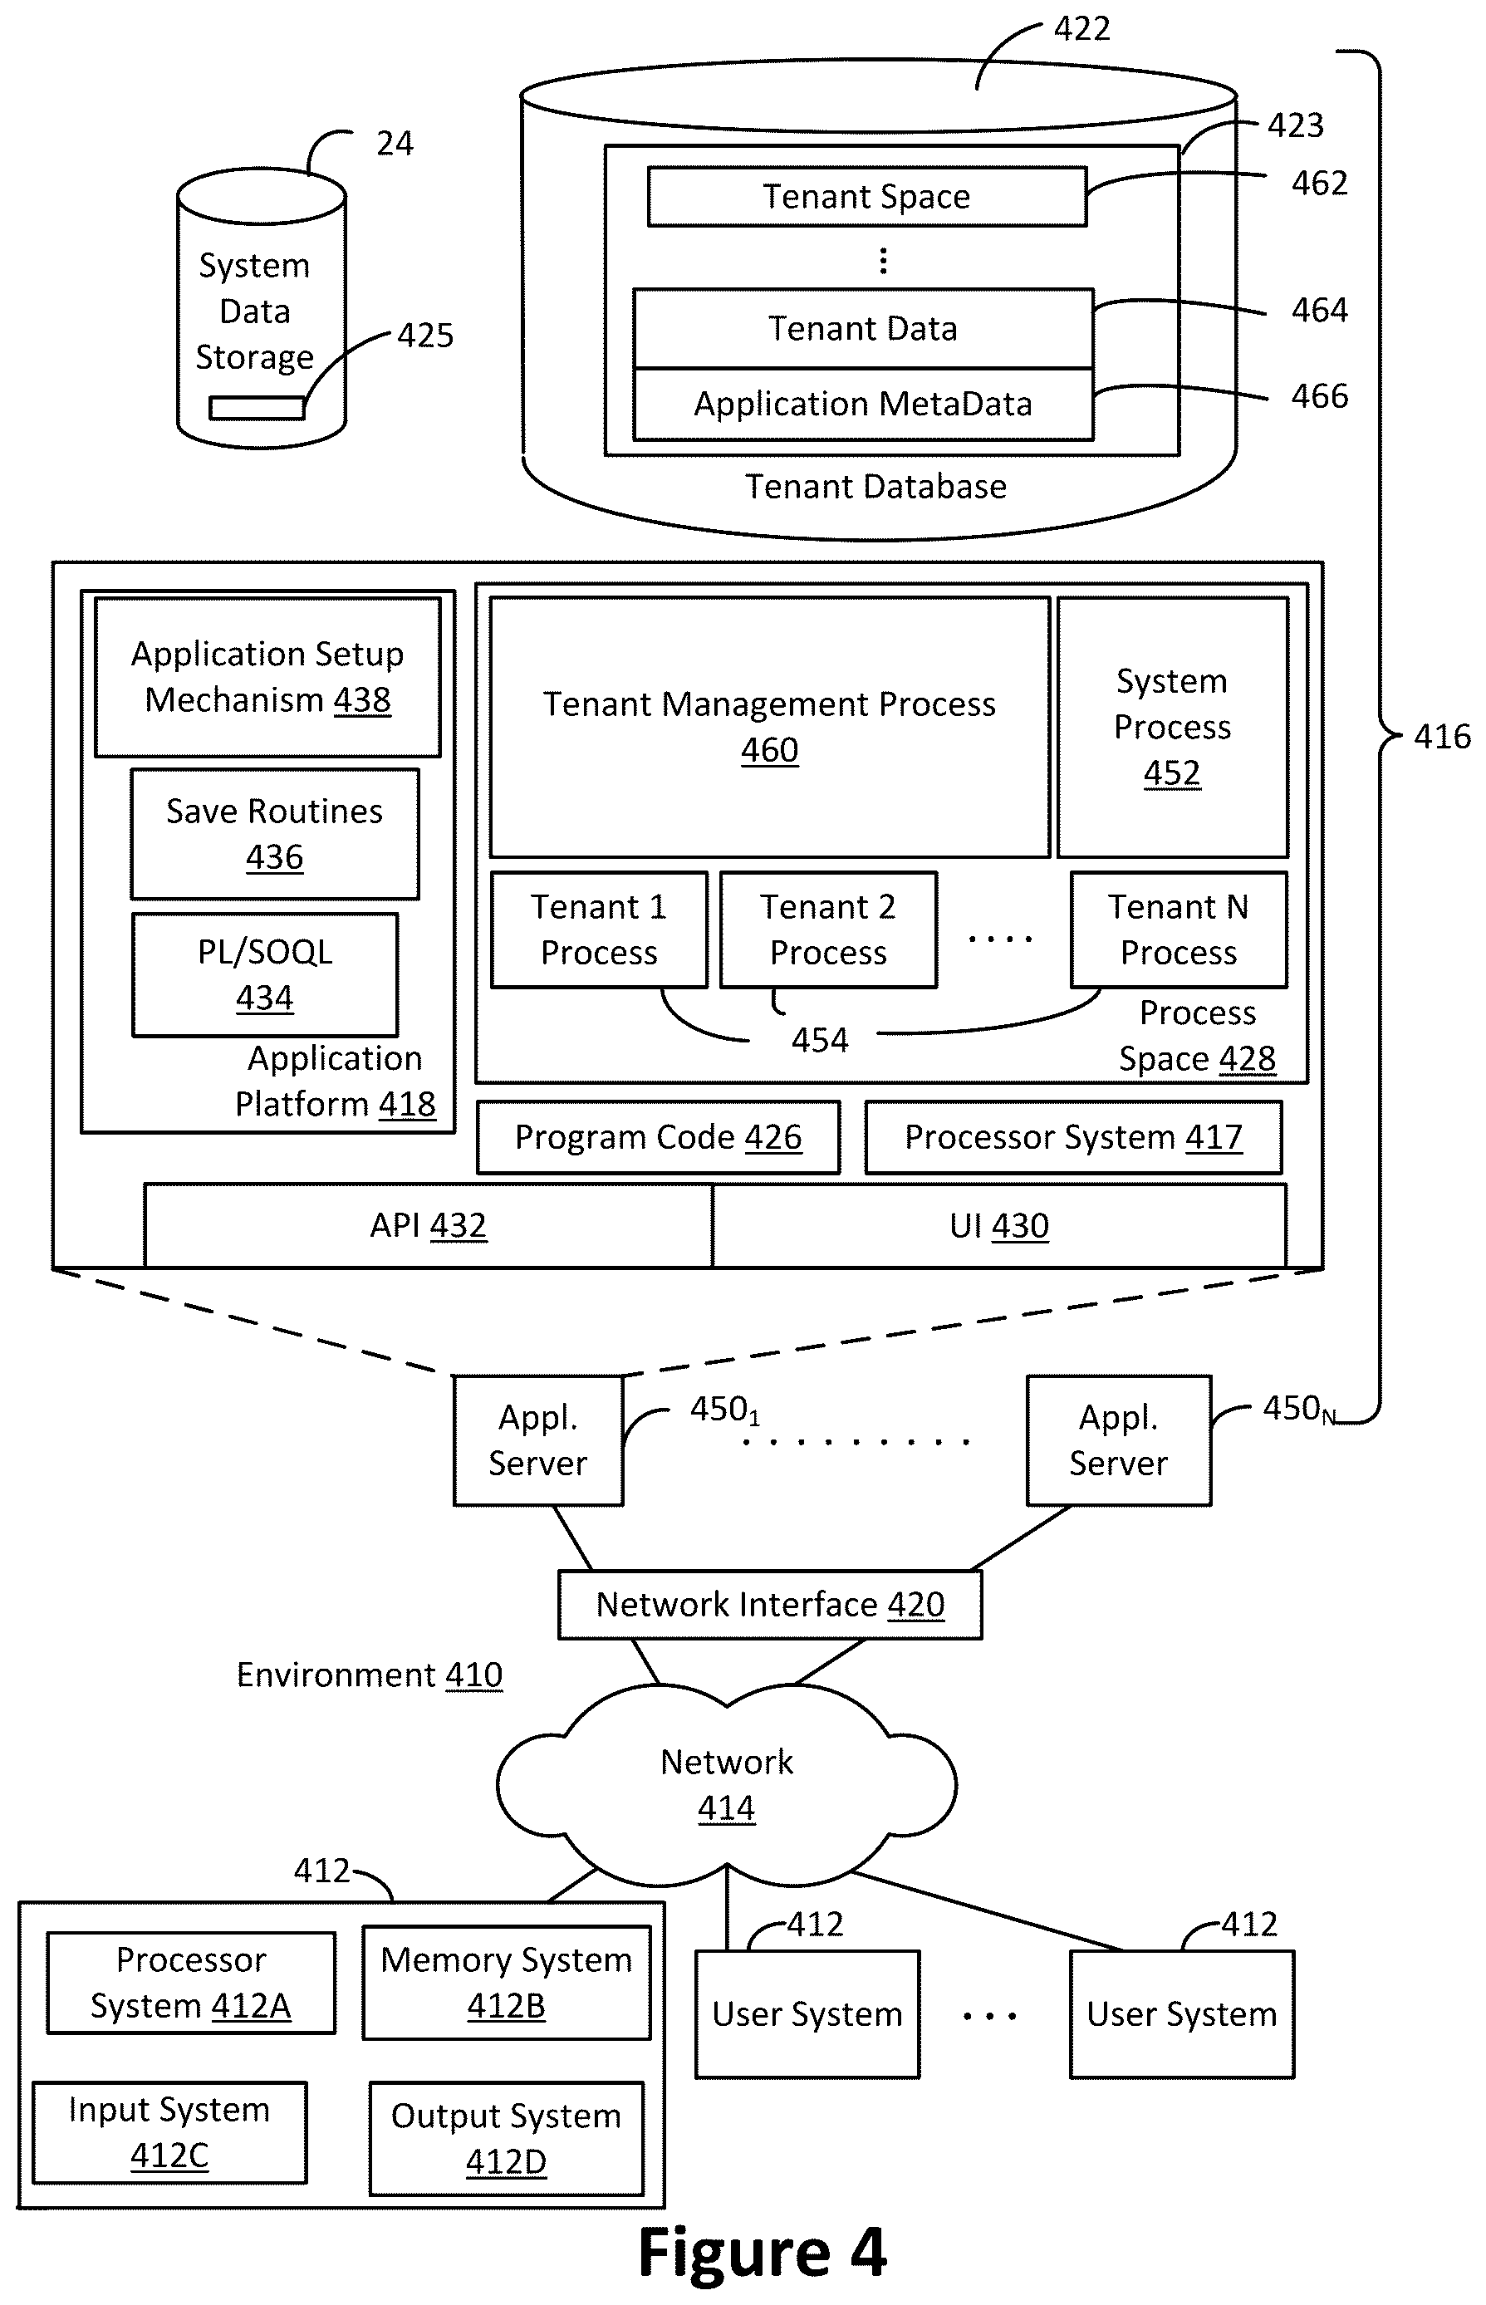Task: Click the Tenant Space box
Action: pyautogui.click(x=866, y=197)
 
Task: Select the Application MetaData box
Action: pyautogui.click(x=863, y=404)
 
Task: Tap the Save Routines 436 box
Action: pyautogui.click(x=275, y=834)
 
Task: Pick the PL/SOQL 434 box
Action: pyautogui.click(x=264, y=974)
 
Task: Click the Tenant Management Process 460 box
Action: pyautogui.click(x=769, y=727)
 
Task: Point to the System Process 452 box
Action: pyautogui.click(x=1172, y=727)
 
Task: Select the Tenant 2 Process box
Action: pyautogui.click(x=828, y=929)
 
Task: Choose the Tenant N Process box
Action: pyautogui.click(x=1178, y=929)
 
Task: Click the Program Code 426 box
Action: pyautogui.click(x=658, y=1137)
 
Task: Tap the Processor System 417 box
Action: pyautogui.click(x=1073, y=1137)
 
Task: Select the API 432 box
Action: pyautogui.click(x=429, y=1225)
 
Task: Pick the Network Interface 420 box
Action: pyautogui.click(x=770, y=1605)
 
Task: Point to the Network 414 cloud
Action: pyautogui.click(x=727, y=1785)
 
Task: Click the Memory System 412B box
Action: pyautogui.click(x=507, y=1983)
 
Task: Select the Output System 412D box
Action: pyautogui.click(x=507, y=2138)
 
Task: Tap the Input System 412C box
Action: pyautogui.click(x=169, y=2132)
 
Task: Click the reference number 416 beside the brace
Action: pyautogui.click(x=1442, y=737)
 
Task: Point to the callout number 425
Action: pyautogui.click(x=425, y=336)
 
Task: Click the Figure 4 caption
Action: pyautogui.click(x=763, y=2254)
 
